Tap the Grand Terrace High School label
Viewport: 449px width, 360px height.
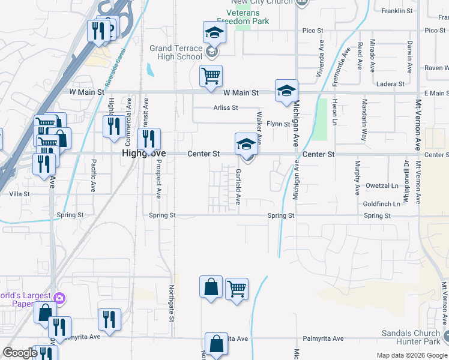tap(176, 52)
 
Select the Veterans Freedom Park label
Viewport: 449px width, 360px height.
tap(242, 17)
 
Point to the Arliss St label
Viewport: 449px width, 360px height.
tap(226, 108)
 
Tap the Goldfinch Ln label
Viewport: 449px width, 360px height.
tap(381, 204)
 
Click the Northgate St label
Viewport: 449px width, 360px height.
tap(171, 302)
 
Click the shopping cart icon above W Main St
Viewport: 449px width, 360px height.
tap(211, 76)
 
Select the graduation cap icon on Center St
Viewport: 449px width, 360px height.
tap(245, 145)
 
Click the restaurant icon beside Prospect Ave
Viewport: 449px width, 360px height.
tap(149, 139)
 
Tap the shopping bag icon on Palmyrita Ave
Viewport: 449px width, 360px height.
tap(217, 344)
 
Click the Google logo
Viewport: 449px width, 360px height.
tap(20, 353)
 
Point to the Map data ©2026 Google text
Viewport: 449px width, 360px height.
tap(411, 355)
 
